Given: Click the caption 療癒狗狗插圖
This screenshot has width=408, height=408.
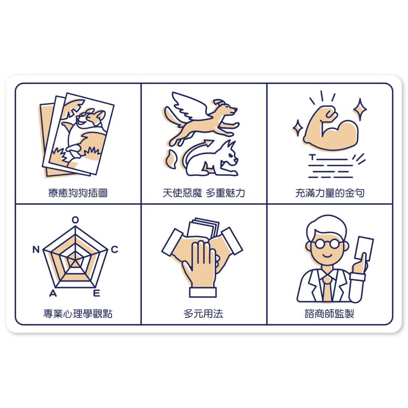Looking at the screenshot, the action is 78,193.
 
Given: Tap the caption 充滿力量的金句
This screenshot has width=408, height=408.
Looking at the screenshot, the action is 330,193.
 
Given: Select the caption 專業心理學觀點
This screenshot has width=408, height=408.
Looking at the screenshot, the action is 78,314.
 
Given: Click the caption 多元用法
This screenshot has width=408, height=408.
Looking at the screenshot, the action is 203,314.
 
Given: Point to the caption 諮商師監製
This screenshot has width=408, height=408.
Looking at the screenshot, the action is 330,314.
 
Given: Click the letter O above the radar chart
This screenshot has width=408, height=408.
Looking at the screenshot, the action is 75,220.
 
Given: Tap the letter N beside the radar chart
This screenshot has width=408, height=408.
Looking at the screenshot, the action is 36,249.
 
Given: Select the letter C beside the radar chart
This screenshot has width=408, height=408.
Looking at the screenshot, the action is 115,249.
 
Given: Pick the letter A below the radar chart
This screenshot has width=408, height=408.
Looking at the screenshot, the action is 53,293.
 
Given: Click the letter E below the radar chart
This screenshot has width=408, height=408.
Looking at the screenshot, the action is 96,293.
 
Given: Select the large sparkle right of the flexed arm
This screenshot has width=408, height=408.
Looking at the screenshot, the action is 360,109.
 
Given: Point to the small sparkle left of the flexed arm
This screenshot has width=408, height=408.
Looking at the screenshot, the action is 297,128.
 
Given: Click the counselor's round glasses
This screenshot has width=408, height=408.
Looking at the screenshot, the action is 327,244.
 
